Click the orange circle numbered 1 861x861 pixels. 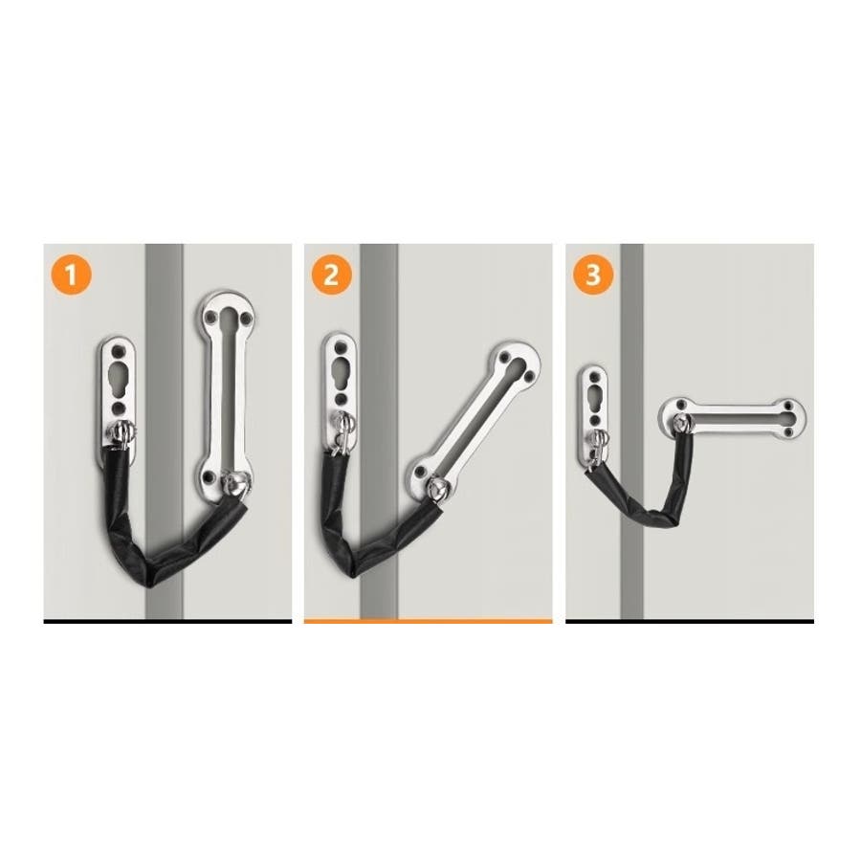[x=71, y=275]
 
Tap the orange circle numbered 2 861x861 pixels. [x=332, y=275]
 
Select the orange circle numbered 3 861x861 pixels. [x=592, y=275]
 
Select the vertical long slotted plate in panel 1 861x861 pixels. [x=227, y=394]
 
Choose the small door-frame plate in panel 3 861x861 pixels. [x=593, y=417]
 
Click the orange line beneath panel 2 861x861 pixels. [x=428, y=621]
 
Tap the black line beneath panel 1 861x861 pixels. [x=167, y=621]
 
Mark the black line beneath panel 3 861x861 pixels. [x=690, y=621]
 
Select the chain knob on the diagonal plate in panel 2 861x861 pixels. [x=437, y=488]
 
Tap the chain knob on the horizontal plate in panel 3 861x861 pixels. [x=682, y=423]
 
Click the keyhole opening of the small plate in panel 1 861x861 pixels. [x=119, y=378]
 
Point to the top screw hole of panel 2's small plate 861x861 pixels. [x=341, y=347]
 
